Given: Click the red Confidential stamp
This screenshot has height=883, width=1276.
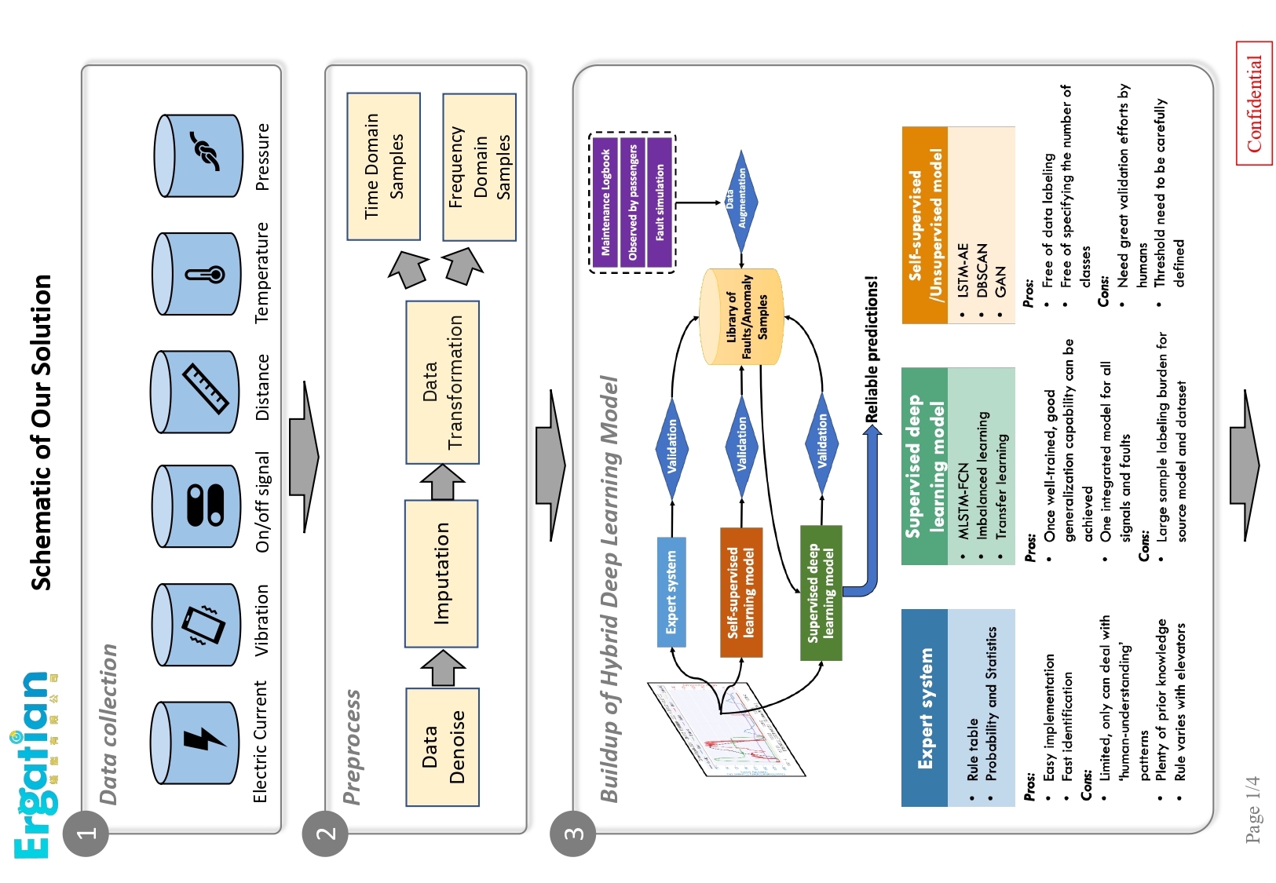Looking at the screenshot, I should [x=1254, y=104].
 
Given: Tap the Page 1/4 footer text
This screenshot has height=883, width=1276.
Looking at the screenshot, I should [x=1253, y=809].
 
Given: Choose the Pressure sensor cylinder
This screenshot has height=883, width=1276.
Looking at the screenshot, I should [x=199, y=155].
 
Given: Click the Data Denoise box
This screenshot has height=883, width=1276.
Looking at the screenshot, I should [x=443, y=747].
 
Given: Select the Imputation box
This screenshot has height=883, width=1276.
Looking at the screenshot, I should [x=441, y=574].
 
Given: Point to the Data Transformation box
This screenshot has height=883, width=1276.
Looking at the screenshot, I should [x=443, y=382].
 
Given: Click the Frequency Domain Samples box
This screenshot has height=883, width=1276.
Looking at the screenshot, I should [x=480, y=167].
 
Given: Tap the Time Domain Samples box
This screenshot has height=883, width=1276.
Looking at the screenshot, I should [x=384, y=166].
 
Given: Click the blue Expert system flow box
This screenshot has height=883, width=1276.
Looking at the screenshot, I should [x=671, y=592].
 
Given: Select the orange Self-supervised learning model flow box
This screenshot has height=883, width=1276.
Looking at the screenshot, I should [x=741, y=593].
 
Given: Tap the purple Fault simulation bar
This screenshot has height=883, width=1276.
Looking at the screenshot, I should [x=660, y=203].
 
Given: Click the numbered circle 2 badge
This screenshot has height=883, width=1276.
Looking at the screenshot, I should [x=325, y=834].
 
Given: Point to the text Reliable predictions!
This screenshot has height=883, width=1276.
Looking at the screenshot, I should [x=871, y=349].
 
